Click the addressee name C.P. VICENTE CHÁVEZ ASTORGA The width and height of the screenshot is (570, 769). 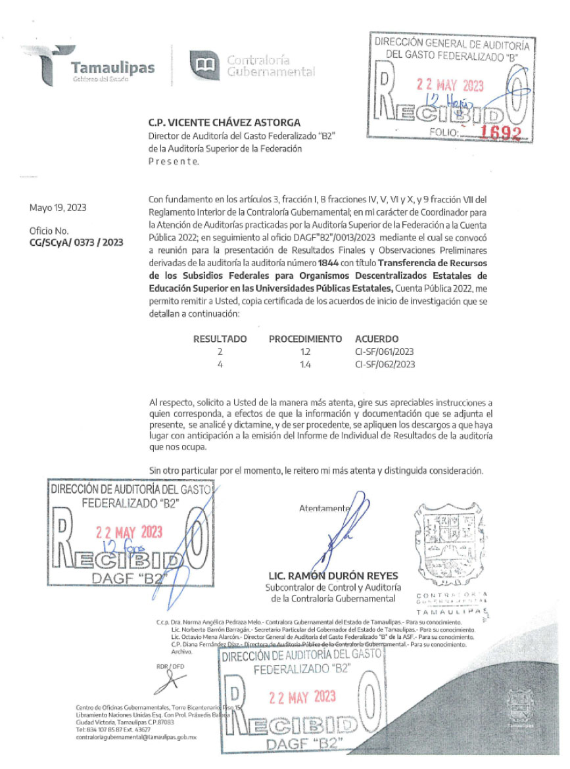225,122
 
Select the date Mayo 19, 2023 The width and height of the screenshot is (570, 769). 58,208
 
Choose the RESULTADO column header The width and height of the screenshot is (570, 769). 220,339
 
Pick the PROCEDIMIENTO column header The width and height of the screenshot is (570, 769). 305,339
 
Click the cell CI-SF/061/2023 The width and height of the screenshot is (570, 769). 385,352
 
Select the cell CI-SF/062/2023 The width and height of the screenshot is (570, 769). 385,363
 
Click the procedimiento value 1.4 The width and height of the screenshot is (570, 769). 304,363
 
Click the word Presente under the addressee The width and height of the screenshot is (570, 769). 174,161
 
